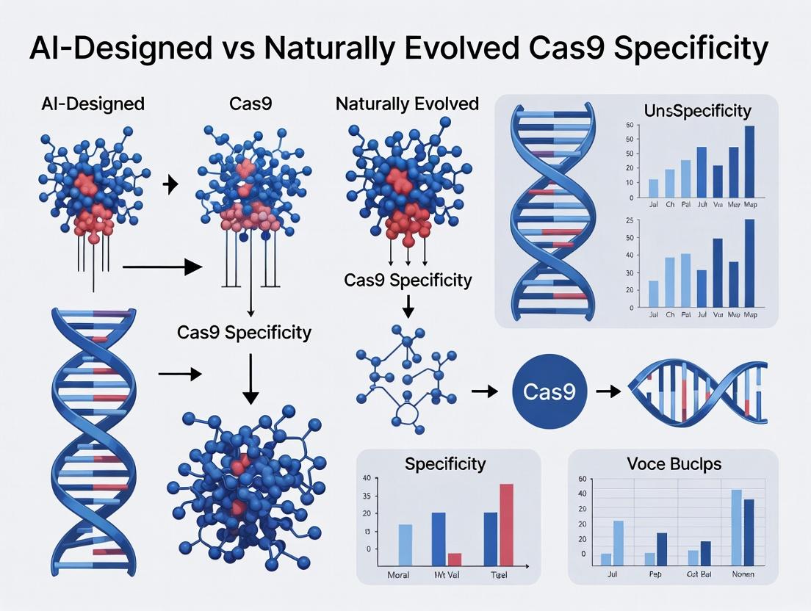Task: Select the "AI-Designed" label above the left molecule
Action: [93, 104]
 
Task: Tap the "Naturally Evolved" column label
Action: [407, 104]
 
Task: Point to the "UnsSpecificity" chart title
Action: [696, 111]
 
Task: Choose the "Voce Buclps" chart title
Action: [673, 464]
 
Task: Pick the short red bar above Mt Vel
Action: [455, 557]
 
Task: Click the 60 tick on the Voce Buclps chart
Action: [583, 480]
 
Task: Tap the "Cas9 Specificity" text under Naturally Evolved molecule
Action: [408, 280]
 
